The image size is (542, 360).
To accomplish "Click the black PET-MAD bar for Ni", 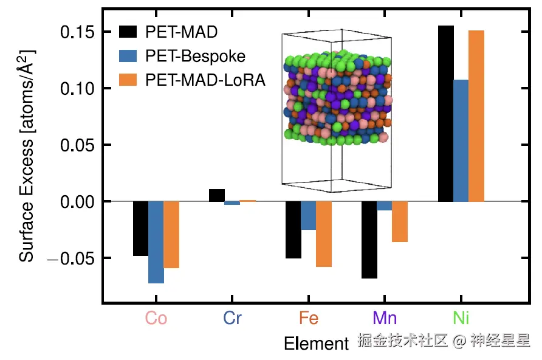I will click(x=445, y=114).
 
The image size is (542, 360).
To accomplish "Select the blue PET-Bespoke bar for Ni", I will click(x=461, y=140).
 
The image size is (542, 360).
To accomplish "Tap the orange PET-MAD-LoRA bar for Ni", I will click(x=476, y=116).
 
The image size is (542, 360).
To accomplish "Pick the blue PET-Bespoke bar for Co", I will click(x=156, y=242).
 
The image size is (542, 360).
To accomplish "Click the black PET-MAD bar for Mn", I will click(x=369, y=240).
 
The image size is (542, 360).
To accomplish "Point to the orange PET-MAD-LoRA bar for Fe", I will click(x=324, y=234).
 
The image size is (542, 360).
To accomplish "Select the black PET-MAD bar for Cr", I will click(x=217, y=195).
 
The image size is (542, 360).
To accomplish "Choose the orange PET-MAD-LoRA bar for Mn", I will click(x=400, y=221).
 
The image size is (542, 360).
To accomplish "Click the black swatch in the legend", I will click(x=128, y=32).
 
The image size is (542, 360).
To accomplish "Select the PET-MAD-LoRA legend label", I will click(x=205, y=80).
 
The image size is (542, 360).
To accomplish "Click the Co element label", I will click(x=156, y=319).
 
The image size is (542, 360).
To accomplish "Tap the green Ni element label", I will click(x=461, y=319).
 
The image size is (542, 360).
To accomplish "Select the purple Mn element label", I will click(x=385, y=319).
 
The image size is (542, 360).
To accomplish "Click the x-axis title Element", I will click(x=316, y=344).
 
